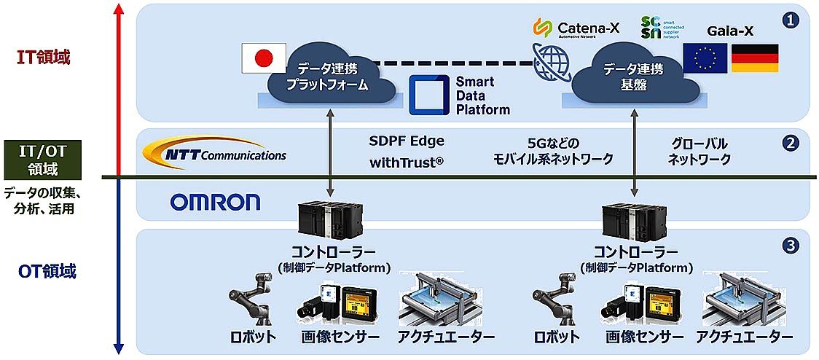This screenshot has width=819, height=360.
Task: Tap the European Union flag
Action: pyautogui.click(x=705, y=58)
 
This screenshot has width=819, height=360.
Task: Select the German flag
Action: pyautogui.click(x=754, y=58)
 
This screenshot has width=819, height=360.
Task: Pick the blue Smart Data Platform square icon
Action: pyautogui.click(x=428, y=95)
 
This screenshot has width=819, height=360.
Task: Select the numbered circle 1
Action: pyautogui.click(x=790, y=20)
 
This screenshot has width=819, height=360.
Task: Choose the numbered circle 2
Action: pyautogui.click(x=790, y=144)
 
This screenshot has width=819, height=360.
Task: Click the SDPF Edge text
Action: pyautogui.click(x=406, y=141)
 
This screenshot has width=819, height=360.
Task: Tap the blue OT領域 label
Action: pyautogui.click(x=47, y=273)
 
